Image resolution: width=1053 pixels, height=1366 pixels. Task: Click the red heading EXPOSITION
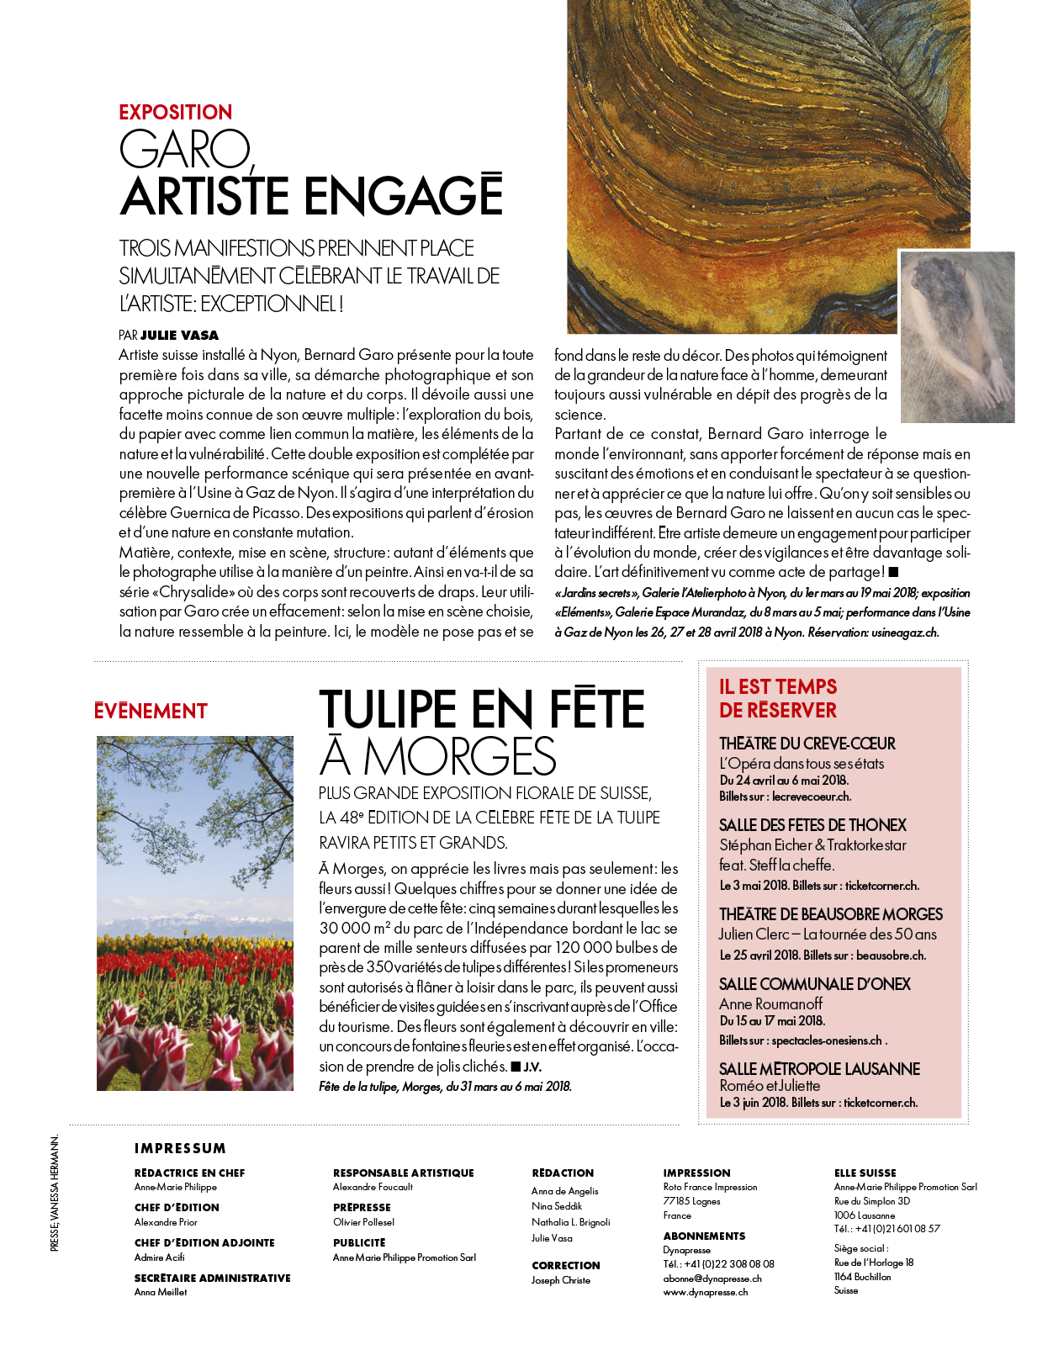click(x=175, y=112)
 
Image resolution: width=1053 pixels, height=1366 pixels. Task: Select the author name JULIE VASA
click(x=179, y=335)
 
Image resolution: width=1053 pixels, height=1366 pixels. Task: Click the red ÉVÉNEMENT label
click(x=151, y=712)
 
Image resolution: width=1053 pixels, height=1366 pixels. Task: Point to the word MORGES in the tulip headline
click(x=459, y=756)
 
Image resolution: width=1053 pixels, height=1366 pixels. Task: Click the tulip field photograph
click(x=195, y=913)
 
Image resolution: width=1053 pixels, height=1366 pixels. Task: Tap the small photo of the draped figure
click(x=957, y=337)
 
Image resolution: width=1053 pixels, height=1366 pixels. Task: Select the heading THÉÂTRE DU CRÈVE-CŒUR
click(x=807, y=744)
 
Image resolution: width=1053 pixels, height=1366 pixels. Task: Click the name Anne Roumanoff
click(x=770, y=1003)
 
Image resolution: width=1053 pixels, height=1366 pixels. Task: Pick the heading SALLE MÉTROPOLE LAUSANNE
click(x=819, y=1069)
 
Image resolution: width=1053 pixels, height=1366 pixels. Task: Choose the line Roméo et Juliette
click(x=770, y=1086)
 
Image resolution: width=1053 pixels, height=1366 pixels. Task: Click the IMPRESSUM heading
click(x=180, y=1148)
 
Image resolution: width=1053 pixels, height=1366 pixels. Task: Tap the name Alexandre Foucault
click(x=373, y=1187)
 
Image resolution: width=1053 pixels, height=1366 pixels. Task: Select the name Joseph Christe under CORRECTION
click(x=561, y=1280)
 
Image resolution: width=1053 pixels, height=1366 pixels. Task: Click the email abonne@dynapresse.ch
click(x=712, y=1278)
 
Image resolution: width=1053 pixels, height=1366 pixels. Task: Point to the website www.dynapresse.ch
click(x=705, y=1292)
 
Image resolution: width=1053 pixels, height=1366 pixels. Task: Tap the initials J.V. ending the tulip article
click(x=532, y=1067)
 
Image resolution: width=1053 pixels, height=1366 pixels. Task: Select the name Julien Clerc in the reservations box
click(x=754, y=934)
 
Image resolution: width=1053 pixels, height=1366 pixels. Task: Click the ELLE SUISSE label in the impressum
click(x=865, y=1173)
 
